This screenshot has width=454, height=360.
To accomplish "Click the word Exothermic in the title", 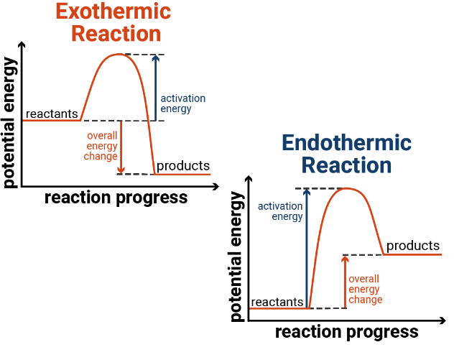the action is (114, 11).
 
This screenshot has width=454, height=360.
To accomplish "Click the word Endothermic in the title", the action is (346, 143).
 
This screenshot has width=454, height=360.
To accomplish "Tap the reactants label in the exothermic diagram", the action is (52, 114).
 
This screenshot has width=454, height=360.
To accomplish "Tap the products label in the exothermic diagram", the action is (183, 166).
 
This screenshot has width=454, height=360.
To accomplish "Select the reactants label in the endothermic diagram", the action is (277, 302).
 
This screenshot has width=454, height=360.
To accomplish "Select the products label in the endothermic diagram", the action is (413, 246).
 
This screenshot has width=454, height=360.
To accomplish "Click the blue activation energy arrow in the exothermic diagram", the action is (155, 88).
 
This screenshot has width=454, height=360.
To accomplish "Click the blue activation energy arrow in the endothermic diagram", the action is (307, 249).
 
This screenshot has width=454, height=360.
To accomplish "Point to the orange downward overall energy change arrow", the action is (121, 147).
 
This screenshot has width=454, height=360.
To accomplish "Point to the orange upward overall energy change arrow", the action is (345, 282).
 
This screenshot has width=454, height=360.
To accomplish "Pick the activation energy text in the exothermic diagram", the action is (183, 103).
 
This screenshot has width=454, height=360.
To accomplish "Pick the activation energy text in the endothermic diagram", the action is (280, 211).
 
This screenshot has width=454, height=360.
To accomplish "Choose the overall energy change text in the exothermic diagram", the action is (101, 146).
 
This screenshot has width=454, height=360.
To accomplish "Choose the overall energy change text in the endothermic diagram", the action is (366, 290).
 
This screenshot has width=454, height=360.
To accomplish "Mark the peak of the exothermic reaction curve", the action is (118, 54).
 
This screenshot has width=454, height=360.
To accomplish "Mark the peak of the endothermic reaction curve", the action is (346, 188).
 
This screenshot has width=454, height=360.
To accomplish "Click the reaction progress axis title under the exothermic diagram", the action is (116, 198).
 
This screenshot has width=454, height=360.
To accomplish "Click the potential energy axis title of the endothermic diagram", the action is (237, 257).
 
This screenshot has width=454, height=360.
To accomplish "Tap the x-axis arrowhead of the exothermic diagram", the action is (216, 187).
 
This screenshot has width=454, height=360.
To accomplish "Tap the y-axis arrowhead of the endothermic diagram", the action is (249, 179).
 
